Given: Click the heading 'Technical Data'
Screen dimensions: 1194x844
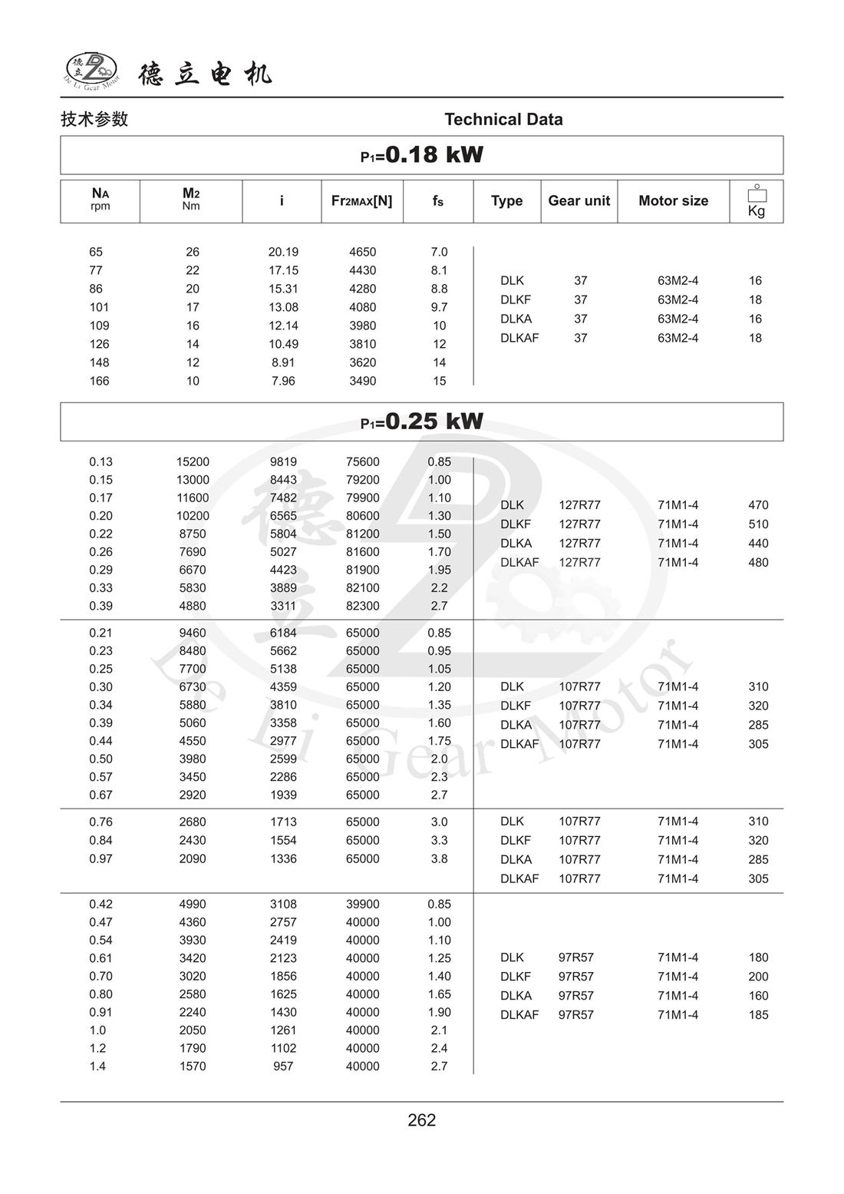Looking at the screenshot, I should pyautogui.click(x=503, y=119).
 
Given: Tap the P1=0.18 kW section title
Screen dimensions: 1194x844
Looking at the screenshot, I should pyautogui.click(x=422, y=155).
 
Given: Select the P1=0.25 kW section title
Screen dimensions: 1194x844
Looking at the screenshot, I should pyautogui.click(x=422, y=422).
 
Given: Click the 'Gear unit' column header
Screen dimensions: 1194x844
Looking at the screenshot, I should pyautogui.click(x=579, y=201).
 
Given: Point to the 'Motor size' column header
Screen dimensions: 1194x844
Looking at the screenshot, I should pyautogui.click(x=673, y=201).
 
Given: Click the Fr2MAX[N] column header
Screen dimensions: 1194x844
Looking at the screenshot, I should pyautogui.click(x=361, y=201).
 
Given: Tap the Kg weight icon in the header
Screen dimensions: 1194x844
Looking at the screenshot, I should pyautogui.click(x=757, y=201).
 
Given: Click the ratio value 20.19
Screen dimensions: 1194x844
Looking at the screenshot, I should pyautogui.click(x=283, y=252).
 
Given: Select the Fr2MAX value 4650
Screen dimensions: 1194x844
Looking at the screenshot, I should pyautogui.click(x=362, y=252).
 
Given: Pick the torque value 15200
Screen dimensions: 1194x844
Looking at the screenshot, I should pyautogui.click(x=193, y=461).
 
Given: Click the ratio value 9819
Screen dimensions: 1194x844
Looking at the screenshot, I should pyautogui.click(x=283, y=461).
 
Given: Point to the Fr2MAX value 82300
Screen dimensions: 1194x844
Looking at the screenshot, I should pyautogui.click(x=362, y=606).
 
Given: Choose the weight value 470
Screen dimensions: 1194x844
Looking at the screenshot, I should pyautogui.click(x=758, y=505).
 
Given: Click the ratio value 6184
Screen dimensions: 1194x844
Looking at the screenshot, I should pyautogui.click(x=283, y=633).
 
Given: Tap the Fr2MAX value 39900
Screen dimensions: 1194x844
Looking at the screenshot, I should pyautogui.click(x=362, y=904).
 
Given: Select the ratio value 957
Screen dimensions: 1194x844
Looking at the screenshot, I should pyautogui.click(x=283, y=1066).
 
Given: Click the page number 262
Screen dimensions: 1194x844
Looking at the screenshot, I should pyautogui.click(x=422, y=1120).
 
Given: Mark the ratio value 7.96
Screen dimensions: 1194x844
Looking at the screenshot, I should pyautogui.click(x=283, y=381).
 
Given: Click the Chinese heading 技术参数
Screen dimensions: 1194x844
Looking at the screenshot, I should pyautogui.click(x=94, y=119).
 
